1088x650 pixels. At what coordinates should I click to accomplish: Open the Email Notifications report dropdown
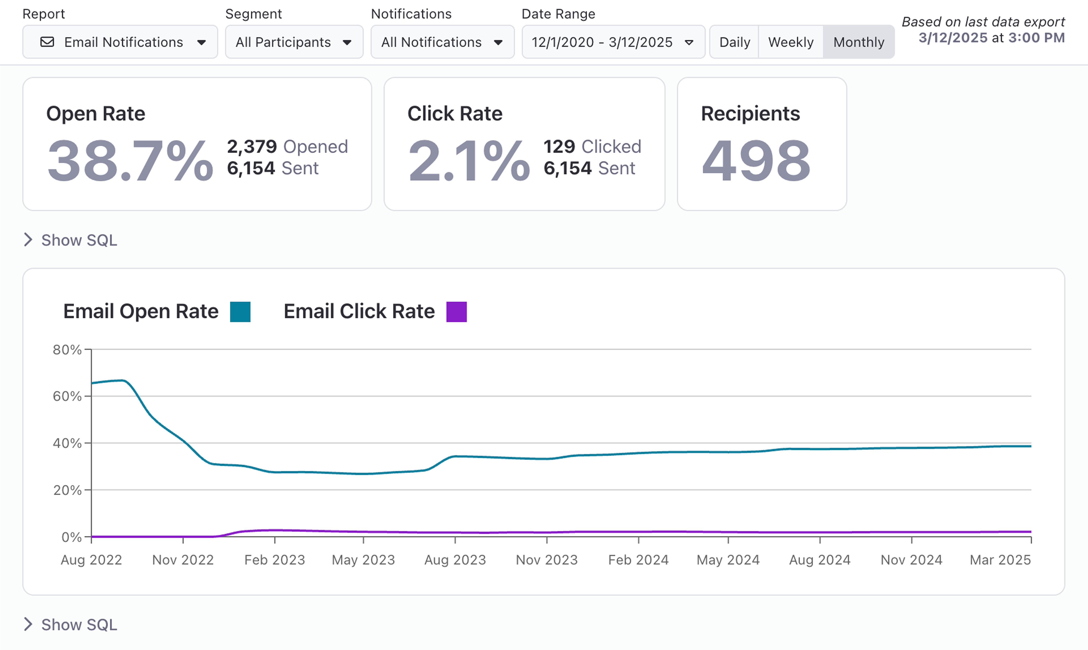pos(120,42)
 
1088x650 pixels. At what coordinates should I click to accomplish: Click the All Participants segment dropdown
pos(294,42)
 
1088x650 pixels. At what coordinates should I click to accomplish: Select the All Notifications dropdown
pos(442,42)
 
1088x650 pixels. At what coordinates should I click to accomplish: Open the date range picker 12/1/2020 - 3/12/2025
pos(613,42)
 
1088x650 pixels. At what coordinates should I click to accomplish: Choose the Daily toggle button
pos(734,42)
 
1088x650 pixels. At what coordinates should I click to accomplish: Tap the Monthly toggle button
pos(859,42)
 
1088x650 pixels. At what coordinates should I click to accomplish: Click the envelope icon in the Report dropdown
pos(47,42)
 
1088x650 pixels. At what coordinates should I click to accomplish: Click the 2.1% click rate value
pos(468,161)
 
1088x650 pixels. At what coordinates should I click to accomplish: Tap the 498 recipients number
pos(756,161)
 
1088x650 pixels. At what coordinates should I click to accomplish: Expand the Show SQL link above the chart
pos(79,240)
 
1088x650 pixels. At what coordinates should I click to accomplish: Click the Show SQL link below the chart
pos(79,625)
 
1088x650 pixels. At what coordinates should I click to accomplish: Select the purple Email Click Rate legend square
pos(456,312)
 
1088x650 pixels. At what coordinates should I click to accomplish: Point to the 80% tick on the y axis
pos(67,350)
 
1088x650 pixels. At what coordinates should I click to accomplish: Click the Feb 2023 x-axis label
pos(275,560)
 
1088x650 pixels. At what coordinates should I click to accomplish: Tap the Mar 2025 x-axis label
pos(1000,560)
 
